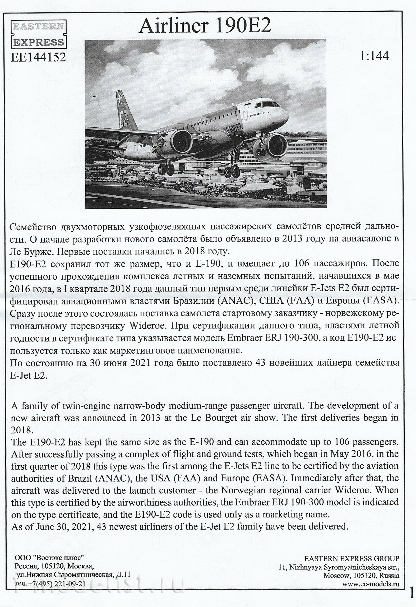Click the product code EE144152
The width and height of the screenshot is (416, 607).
[38, 57]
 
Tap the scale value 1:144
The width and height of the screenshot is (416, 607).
[374, 56]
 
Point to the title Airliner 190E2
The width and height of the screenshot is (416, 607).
[205, 26]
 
